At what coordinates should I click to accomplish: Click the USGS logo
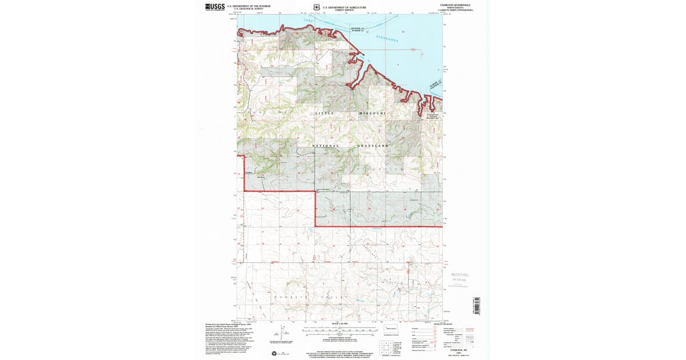tap(214, 7)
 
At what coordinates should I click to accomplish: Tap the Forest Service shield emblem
tap(316, 7)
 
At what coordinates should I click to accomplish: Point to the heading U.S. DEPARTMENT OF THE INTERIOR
tap(244, 6)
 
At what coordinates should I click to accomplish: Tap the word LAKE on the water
tap(309, 21)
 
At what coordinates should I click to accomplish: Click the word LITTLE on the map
tap(325, 114)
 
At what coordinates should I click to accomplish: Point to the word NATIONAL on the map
tap(326, 146)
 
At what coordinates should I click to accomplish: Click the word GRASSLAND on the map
tap(374, 146)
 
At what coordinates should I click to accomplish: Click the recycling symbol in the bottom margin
tap(274, 353)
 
